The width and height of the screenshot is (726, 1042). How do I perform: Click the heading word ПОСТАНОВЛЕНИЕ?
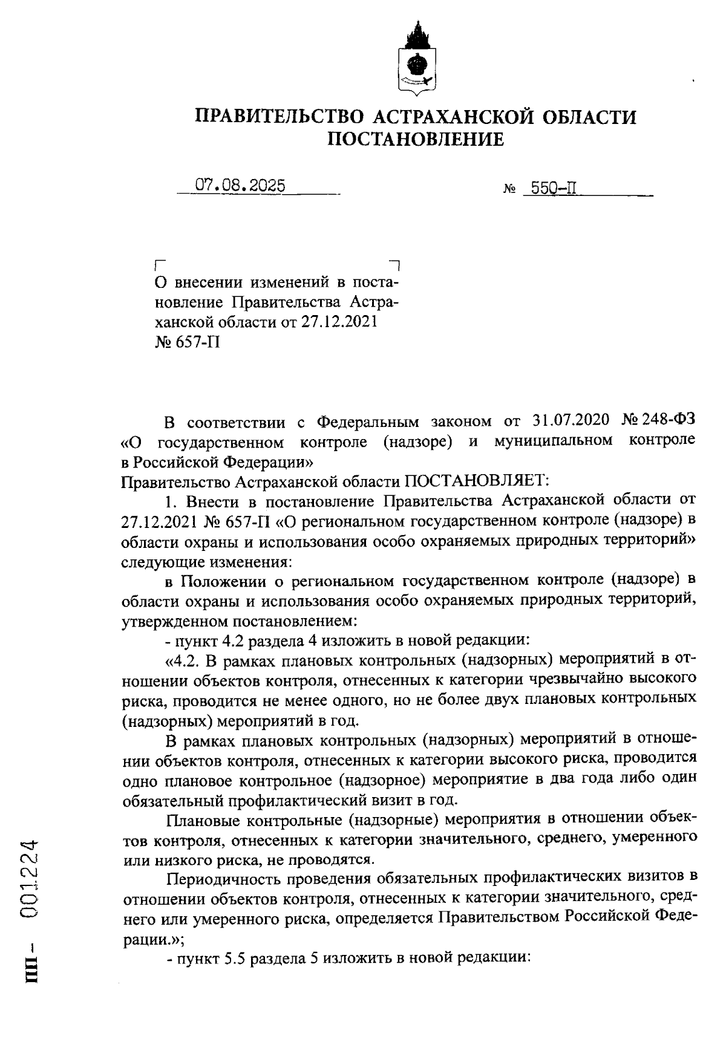[x=415, y=140]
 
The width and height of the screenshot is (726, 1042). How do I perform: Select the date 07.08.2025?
[x=240, y=186]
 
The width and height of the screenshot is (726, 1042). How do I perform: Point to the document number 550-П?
[x=552, y=189]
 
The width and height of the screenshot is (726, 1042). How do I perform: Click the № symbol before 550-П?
[x=509, y=190]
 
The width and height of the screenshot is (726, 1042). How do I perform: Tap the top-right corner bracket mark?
[x=394, y=265]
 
